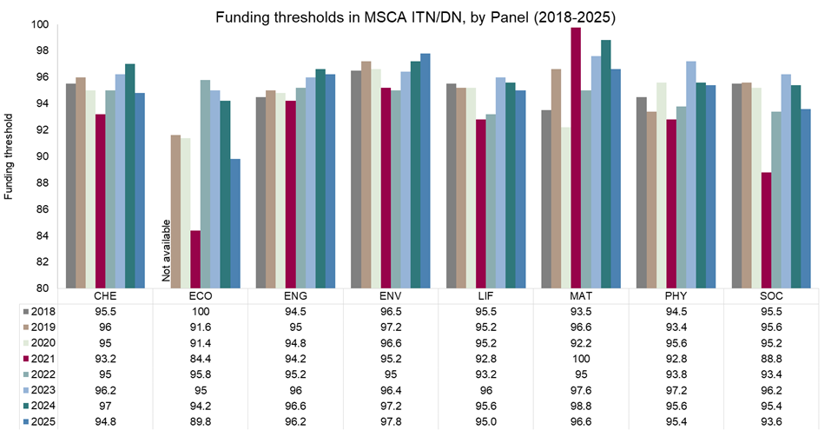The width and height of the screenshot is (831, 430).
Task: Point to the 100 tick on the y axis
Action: [40, 24]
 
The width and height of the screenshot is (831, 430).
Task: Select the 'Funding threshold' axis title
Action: [9, 155]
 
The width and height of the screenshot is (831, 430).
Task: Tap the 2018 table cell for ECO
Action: [201, 311]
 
